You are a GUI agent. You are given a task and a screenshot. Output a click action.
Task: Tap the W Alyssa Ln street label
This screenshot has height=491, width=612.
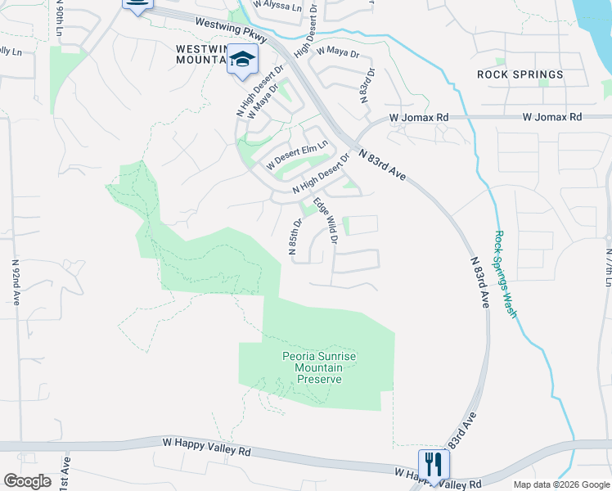(277, 4)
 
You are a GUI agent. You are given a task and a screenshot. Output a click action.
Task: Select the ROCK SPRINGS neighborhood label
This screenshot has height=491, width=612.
(520, 74)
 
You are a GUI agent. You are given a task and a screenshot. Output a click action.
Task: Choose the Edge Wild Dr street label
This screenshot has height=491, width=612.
(326, 218)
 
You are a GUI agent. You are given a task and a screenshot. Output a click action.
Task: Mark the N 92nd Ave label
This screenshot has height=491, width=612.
(15, 283)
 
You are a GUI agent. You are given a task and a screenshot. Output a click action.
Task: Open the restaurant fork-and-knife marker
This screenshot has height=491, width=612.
(434, 464)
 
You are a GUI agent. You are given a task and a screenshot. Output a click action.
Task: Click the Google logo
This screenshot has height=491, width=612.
(26, 481)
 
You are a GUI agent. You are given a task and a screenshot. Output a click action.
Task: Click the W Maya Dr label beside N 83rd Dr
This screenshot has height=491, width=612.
(339, 51)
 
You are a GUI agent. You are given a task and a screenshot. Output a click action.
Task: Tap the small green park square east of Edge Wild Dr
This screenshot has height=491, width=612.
(346, 225)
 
